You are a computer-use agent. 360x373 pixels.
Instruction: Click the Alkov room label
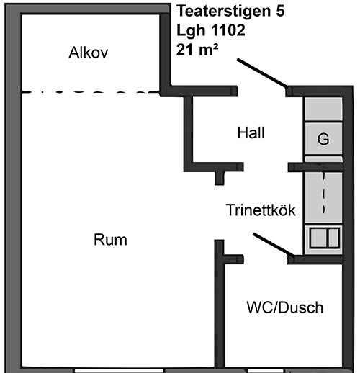point(89,53)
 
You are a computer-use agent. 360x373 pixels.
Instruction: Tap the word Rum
point(110,240)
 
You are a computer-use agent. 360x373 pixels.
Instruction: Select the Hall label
point(251,132)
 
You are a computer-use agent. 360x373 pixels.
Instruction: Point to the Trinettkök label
point(261,210)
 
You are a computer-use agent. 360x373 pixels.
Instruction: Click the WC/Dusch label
point(285,307)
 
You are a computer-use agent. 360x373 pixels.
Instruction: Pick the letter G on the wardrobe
point(323,139)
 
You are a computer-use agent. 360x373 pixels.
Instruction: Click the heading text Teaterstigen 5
point(230,11)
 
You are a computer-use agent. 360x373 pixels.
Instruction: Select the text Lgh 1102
point(211,30)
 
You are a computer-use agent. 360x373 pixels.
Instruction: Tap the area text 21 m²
point(197,50)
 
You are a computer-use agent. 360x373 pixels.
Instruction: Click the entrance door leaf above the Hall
point(261,73)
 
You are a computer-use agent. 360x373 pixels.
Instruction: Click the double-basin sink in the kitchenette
point(324,238)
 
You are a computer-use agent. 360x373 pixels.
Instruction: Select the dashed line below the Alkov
point(91,91)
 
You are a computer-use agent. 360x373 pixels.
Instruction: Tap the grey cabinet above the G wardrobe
point(323,109)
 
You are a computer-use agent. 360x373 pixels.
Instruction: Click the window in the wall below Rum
point(120,371)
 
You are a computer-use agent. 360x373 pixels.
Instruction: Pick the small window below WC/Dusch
point(266,371)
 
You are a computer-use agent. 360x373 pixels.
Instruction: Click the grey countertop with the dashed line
point(323,197)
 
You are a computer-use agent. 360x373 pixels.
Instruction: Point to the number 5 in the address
point(280,11)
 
